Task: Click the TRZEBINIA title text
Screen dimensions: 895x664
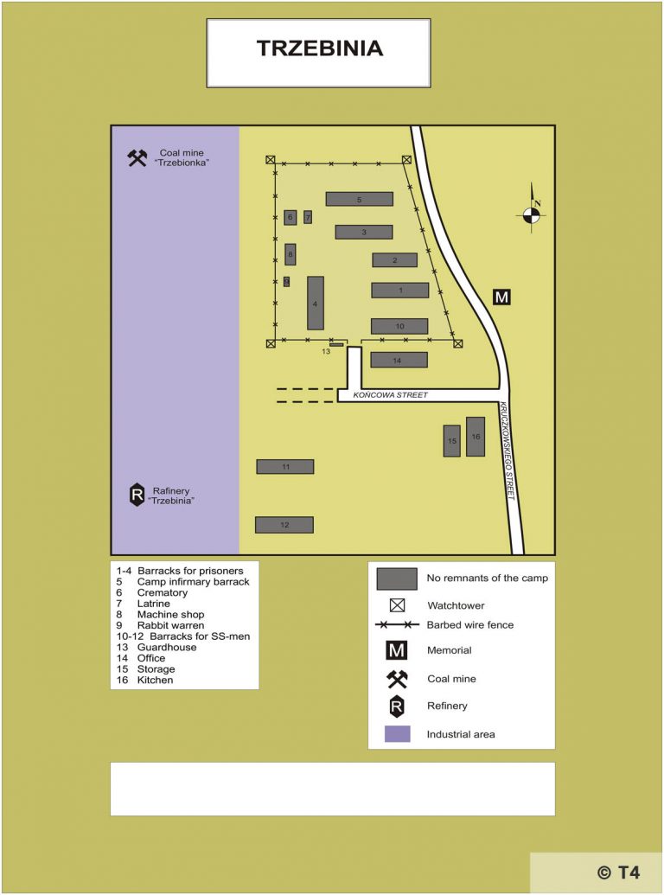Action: [x=319, y=48]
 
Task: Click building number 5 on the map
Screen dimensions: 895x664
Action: [x=359, y=199]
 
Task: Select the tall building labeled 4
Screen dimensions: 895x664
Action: [x=316, y=303]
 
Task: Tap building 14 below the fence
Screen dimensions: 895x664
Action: [x=399, y=360]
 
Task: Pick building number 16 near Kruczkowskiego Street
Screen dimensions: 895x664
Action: [x=476, y=436]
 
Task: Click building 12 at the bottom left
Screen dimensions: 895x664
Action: [x=284, y=525]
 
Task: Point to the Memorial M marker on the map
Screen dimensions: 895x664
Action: [x=501, y=297]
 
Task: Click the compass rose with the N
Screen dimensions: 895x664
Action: [x=532, y=214]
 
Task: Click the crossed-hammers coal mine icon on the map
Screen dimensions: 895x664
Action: [x=137, y=157]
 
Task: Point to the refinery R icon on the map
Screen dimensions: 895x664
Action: [x=137, y=495]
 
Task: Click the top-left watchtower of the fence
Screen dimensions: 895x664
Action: [x=271, y=160]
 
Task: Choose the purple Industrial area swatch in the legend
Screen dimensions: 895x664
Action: [x=398, y=734]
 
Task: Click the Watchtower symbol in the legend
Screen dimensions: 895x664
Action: [x=398, y=605]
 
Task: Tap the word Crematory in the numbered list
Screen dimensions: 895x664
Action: [x=162, y=593]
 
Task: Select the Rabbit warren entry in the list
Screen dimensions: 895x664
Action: [x=170, y=625]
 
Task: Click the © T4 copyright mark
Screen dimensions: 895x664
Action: [x=617, y=872]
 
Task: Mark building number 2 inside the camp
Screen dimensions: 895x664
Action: [x=395, y=260]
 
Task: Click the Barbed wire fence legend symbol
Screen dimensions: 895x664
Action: [x=397, y=624]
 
